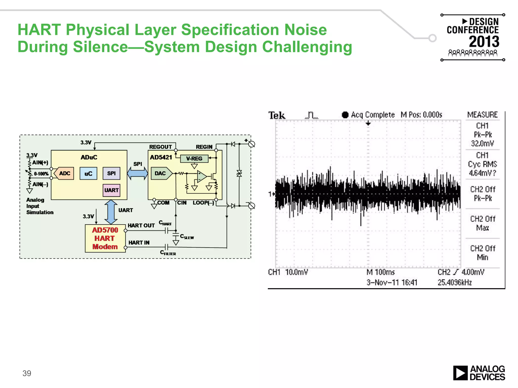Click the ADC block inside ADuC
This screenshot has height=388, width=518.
pos(64,173)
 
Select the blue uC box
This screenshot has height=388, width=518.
pos(88,174)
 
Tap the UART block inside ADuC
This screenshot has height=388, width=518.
pos(111,190)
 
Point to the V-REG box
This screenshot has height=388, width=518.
pos(194,159)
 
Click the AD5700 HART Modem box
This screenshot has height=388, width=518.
pos(105,238)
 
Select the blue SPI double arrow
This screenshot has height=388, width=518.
pos(137,174)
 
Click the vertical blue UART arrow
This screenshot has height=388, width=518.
pos(111,212)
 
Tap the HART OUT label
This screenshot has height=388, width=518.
pos(141,225)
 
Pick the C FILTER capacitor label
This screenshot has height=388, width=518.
pos(168,253)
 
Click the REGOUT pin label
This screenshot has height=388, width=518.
pos(160,147)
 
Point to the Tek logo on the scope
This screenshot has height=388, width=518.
pos(277,115)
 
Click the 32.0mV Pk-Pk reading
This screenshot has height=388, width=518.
pos(482,143)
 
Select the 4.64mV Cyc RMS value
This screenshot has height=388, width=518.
pos(482,173)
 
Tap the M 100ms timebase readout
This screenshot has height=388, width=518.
pos(380,272)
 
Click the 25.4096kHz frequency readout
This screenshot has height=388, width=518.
pos(455,282)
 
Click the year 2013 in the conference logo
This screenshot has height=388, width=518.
pos(484,42)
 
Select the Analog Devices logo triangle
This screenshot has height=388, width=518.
pos(460,373)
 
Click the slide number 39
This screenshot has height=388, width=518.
pos(27,373)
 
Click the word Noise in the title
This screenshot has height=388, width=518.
pos(306,30)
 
